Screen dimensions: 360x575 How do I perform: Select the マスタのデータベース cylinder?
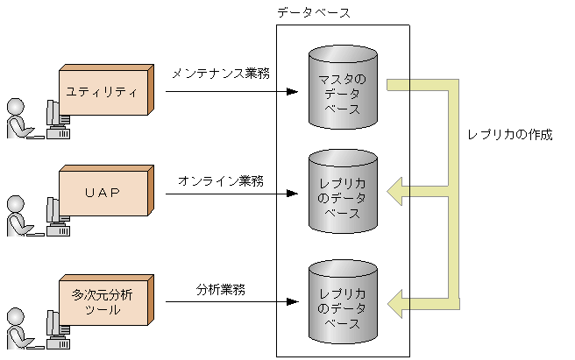coord(343,88)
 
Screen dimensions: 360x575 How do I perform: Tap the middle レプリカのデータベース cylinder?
coord(343,198)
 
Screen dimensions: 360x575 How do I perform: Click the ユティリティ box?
coord(104,90)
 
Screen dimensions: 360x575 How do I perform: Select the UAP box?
coord(103,192)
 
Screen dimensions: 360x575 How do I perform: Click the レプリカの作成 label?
coord(510,136)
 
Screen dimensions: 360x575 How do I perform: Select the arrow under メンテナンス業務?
coord(228,90)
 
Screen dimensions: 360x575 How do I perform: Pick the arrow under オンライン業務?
coord(228,194)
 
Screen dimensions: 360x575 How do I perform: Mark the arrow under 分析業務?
coord(228,303)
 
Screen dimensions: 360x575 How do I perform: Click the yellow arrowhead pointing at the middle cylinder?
coord(397,189)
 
